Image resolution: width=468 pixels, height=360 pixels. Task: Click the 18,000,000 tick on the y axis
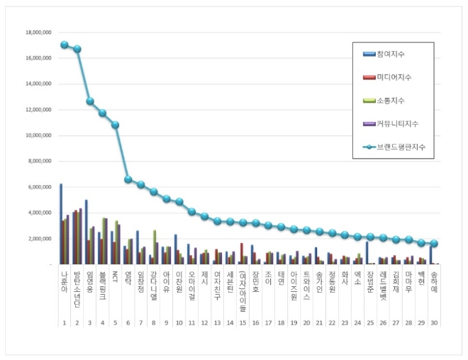point(40,33)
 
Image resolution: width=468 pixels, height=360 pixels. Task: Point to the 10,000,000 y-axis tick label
point(40,135)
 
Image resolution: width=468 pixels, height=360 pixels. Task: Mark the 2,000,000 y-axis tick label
point(41,238)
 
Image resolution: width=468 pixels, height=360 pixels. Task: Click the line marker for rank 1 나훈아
point(65,45)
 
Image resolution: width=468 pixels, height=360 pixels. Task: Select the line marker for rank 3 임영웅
point(90,101)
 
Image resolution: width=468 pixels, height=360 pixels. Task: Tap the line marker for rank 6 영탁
point(128,179)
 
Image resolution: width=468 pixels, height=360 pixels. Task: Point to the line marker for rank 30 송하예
point(435,243)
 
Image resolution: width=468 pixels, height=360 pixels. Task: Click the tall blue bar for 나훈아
point(61,223)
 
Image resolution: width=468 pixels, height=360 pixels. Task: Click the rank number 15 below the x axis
point(243,322)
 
